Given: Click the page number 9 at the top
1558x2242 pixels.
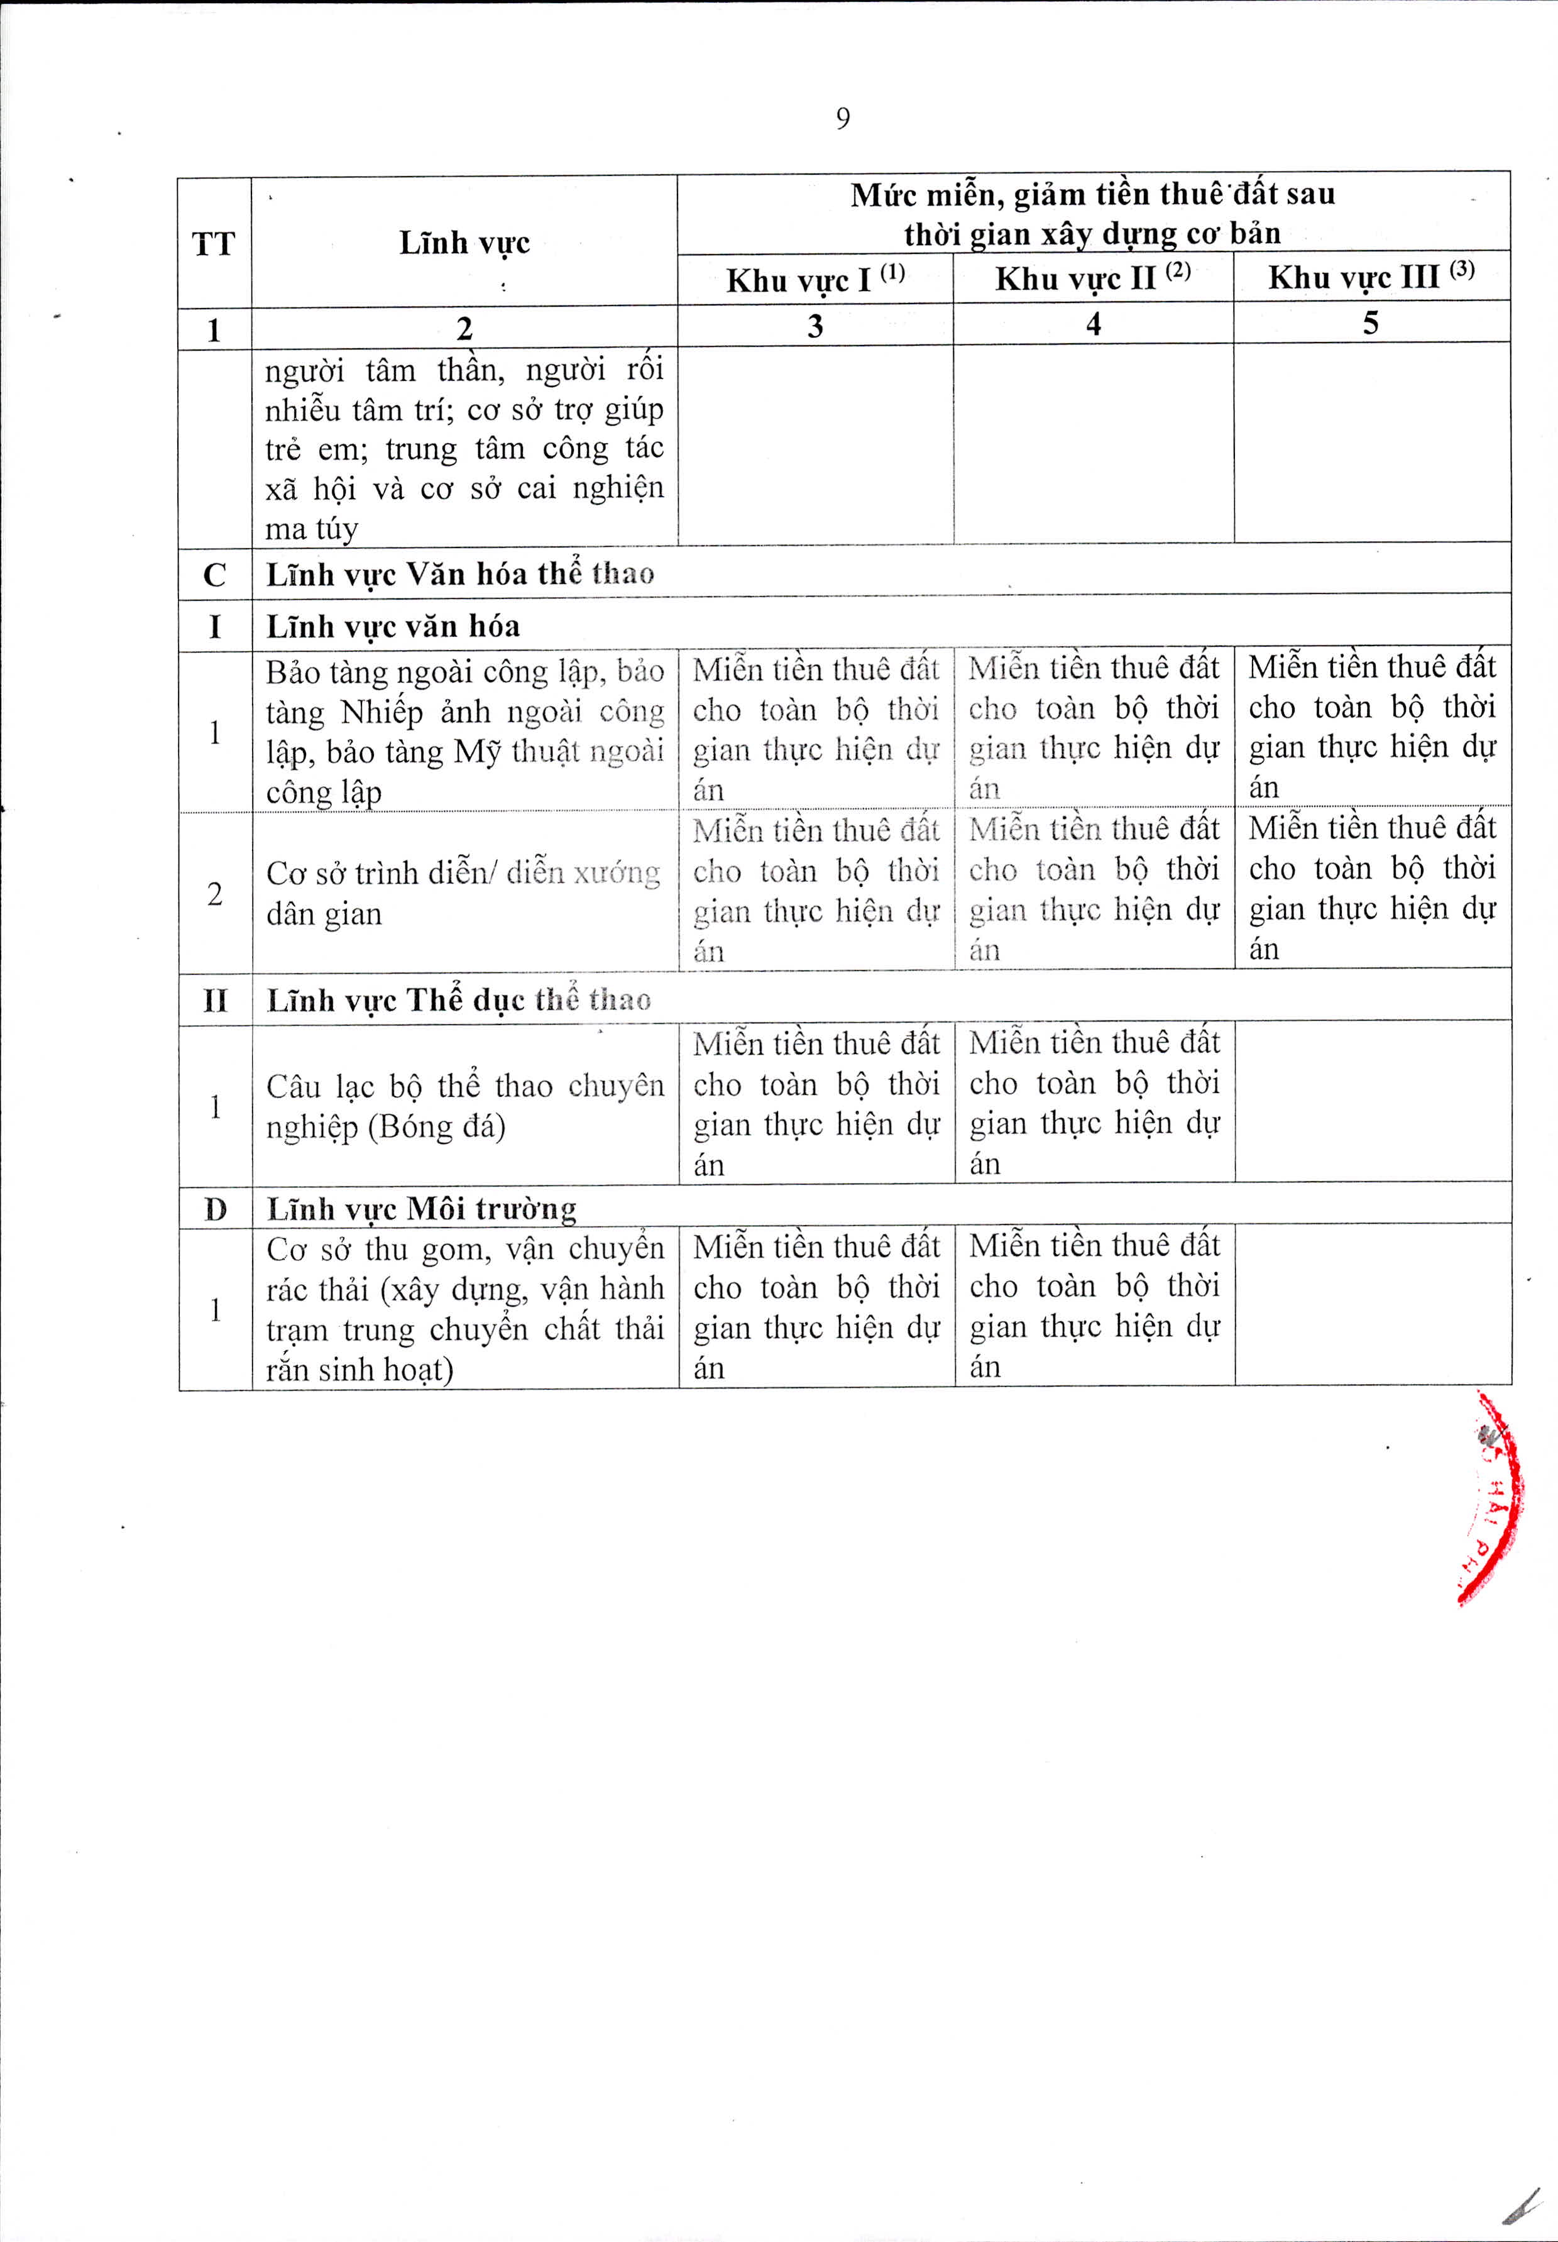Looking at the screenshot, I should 842,119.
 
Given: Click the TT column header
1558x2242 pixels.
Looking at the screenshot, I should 214,243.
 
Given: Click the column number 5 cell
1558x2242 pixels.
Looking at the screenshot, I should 1371,323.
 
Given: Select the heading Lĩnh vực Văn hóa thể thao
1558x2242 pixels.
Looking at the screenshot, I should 460,574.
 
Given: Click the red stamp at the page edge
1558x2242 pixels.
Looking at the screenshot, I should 1491,1498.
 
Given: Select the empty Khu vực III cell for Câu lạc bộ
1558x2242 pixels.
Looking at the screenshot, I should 1373,1103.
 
